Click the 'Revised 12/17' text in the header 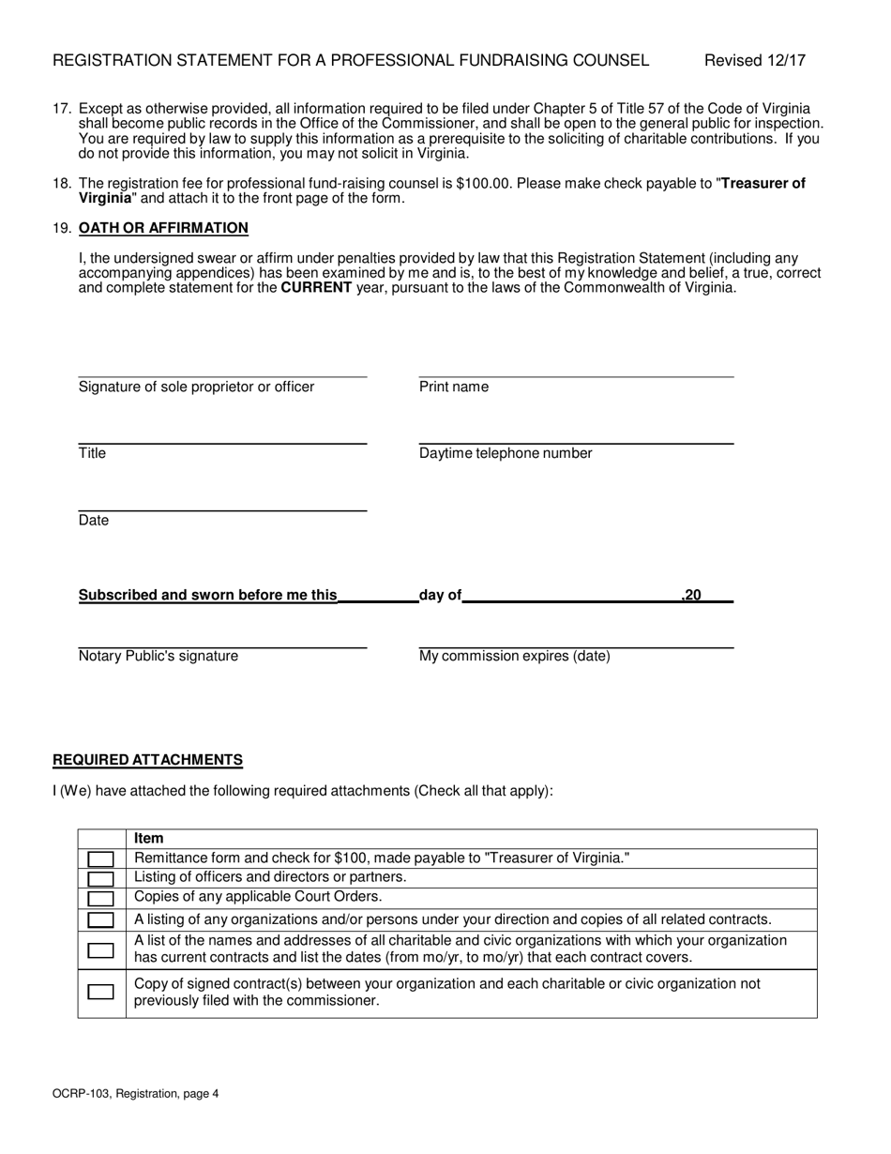click(x=755, y=61)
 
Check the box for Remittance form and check click(x=100, y=858)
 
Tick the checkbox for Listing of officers click(x=100, y=878)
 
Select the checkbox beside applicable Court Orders click(x=100, y=898)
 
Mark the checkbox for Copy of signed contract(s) click(x=100, y=992)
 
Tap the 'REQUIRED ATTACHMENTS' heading click(x=147, y=760)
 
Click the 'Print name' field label click(x=453, y=387)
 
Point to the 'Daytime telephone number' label click(x=506, y=454)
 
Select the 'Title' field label click(x=92, y=454)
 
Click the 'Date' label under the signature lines click(x=94, y=521)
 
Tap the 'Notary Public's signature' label click(x=158, y=657)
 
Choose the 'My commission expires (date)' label click(x=514, y=657)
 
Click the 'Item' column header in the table click(x=148, y=839)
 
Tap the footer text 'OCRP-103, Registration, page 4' click(x=135, y=1093)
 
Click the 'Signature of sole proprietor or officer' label click(x=196, y=387)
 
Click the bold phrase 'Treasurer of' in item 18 click(x=763, y=184)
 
